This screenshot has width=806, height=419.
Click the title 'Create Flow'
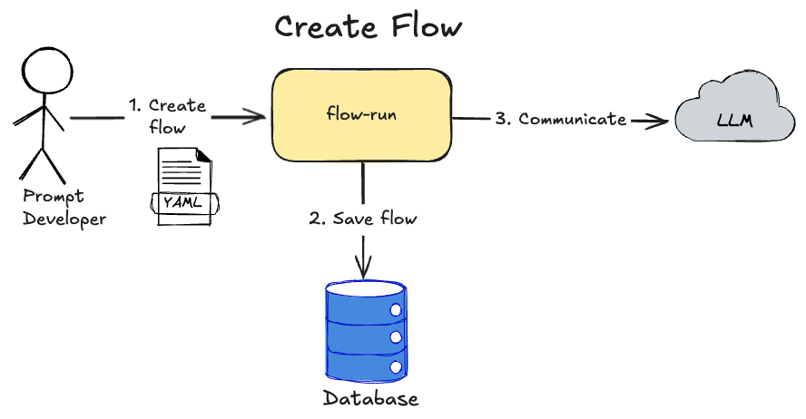[369, 26]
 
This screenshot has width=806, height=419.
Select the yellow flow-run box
[362, 115]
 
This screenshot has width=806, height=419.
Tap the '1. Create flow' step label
[167, 116]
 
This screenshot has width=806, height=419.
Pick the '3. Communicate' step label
[560, 119]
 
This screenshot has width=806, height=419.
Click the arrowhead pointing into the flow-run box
[258, 116]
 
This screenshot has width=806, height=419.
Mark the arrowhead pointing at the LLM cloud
[660, 119]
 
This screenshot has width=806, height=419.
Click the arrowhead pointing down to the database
[363, 269]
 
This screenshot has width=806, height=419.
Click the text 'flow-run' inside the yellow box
[362, 115]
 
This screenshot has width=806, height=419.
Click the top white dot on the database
[396, 309]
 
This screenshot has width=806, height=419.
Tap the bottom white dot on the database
[396, 367]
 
